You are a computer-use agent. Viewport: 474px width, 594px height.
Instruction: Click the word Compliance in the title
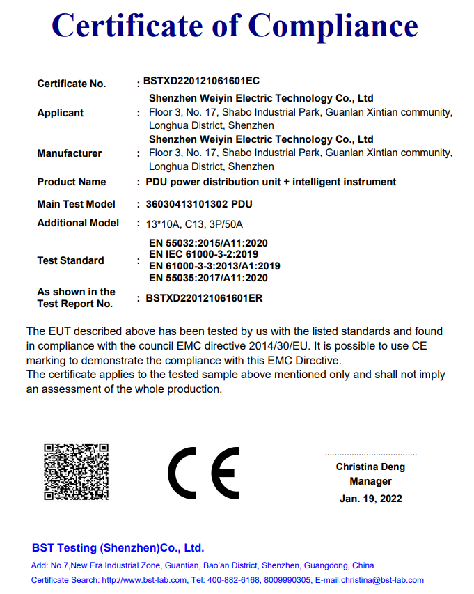pyautogui.click(x=333, y=26)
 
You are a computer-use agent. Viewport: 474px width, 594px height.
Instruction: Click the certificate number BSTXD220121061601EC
pyautogui.click(x=201, y=81)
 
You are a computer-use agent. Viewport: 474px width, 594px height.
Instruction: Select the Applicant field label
pyautogui.click(x=61, y=113)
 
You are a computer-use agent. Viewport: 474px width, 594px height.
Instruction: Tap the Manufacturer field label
pyautogui.click(x=70, y=153)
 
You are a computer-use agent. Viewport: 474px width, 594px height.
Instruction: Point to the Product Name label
pyautogui.click(x=72, y=182)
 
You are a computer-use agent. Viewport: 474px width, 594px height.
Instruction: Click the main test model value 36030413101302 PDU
pyautogui.click(x=199, y=204)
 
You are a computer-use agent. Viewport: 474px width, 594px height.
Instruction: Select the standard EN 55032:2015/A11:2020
pyautogui.click(x=208, y=243)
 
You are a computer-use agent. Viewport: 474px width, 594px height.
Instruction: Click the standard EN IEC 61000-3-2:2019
pyautogui.click(x=204, y=254)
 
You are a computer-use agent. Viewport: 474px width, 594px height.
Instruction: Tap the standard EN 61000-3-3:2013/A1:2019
pyautogui.click(x=214, y=266)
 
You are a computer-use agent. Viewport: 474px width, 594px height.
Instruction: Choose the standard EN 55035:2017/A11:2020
pyautogui.click(x=208, y=278)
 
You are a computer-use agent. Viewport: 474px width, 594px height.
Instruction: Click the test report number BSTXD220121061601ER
pyautogui.click(x=204, y=298)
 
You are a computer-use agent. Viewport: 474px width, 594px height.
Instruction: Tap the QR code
pyautogui.click(x=77, y=471)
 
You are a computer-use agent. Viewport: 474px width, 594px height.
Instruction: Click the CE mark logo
pyautogui.click(x=203, y=471)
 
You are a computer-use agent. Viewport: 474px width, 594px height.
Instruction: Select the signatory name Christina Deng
pyautogui.click(x=370, y=467)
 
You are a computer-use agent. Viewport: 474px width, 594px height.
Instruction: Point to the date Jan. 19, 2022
pyautogui.click(x=370, y=499)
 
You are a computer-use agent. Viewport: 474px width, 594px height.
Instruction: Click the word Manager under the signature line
pyautogui.click(x=370, y=481)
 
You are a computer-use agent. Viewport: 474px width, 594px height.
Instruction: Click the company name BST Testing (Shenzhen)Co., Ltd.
pyautogui.click(x=118, y=548)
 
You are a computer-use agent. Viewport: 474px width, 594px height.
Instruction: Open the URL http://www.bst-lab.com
pyautogui.click(x=144, y=580)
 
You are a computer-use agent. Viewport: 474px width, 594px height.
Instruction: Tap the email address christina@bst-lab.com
pyautogui.click(x=381, y=580)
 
